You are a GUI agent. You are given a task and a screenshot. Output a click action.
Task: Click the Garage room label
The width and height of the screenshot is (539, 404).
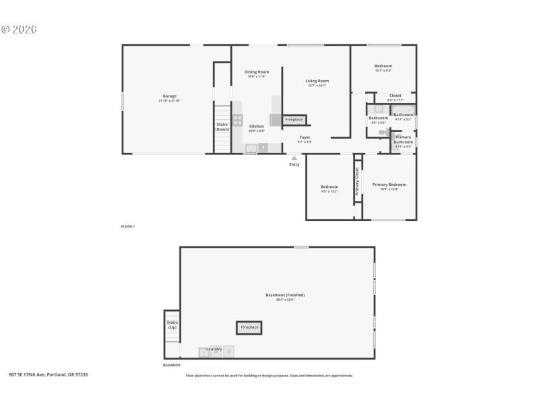tap(169, 96)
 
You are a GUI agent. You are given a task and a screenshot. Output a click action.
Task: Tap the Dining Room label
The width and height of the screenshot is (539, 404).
tap(256, 72)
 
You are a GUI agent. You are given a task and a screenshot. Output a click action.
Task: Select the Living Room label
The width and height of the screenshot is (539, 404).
tap(317, 81)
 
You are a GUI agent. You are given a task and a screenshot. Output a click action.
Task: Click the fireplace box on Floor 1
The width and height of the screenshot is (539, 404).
tap(294, 120)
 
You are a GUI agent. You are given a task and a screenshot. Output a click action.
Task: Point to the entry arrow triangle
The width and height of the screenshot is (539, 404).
tap(294, 158)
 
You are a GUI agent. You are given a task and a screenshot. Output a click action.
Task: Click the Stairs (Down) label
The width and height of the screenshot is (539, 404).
tap(222, 126)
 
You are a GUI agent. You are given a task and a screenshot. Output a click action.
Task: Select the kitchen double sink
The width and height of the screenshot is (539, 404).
tap(251, 149)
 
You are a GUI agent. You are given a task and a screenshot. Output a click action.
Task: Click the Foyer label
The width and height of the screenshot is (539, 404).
tap(305, 137)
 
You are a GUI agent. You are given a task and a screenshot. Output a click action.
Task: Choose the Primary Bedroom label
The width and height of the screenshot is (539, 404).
tap(389, 184)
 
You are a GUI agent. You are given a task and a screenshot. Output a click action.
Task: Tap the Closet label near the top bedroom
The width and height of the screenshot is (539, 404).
tap(395, 96)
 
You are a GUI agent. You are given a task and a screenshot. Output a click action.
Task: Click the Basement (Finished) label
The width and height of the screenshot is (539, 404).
tap(285, 295)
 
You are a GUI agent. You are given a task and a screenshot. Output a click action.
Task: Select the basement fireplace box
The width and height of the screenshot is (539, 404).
tap(249, 327)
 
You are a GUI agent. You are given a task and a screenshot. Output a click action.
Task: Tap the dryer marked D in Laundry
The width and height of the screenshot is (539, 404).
tap(229, 351)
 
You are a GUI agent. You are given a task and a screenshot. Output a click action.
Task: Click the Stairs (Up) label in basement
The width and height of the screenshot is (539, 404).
tap(172, 325)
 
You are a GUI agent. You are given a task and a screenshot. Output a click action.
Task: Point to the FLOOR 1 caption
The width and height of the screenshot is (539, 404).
tap(128, 226)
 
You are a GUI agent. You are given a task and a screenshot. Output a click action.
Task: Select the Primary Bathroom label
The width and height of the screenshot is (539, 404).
tap(403, 139)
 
